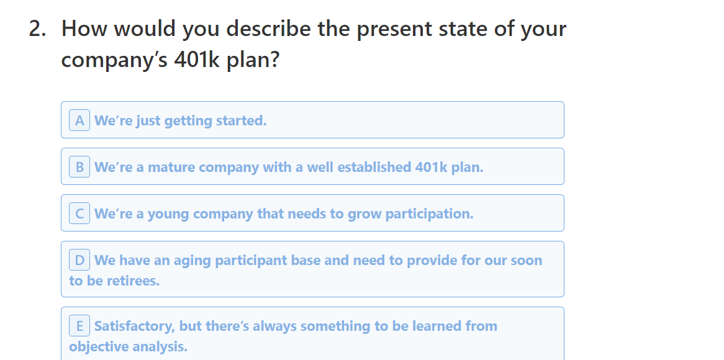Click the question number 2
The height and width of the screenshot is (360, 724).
point(37,29)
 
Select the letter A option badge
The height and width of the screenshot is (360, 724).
point(79,120)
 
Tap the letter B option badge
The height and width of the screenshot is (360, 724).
point(79,167)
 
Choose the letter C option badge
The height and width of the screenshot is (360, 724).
point(79,214)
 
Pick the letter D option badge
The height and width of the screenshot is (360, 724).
point(79,260)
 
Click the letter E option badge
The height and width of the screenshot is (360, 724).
point(79,326)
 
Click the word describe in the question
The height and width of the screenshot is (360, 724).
point(269,29)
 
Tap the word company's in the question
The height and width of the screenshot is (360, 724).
point(114,60)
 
